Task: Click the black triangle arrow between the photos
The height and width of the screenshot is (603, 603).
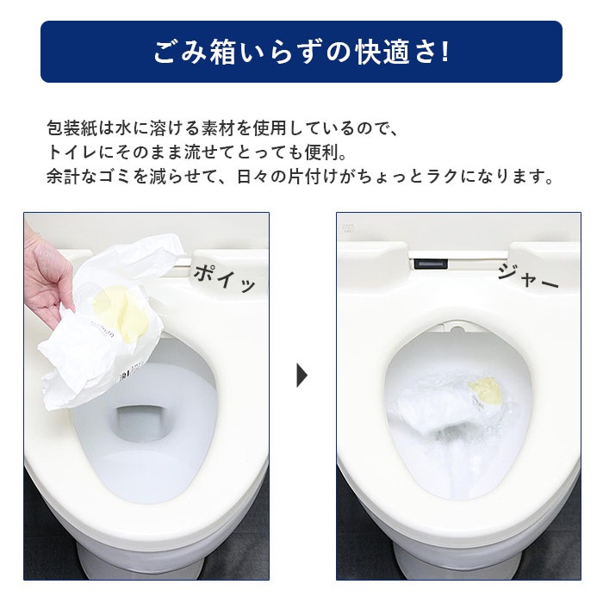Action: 301,376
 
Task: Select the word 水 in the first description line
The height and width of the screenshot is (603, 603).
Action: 127,129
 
